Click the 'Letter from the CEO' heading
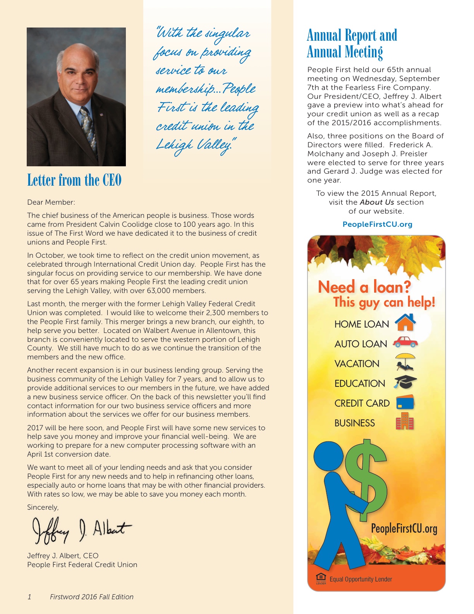74,180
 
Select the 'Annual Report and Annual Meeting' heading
352,43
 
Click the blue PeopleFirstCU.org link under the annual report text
377,224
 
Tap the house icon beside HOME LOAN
405,323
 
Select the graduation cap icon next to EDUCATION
405,382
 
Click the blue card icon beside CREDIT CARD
405,402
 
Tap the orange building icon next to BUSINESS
405,422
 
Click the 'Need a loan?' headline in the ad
364,287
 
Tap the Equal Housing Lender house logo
321,578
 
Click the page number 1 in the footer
29,597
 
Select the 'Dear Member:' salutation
51,202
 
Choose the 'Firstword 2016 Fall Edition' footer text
91,597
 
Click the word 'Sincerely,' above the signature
43,507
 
